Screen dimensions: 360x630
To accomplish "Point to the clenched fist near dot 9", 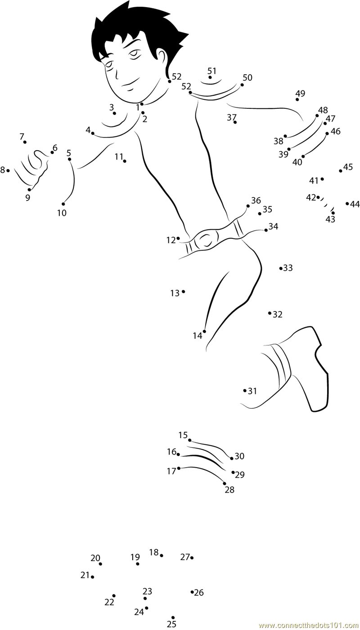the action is (32, 169).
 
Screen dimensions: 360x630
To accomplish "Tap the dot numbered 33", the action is (281, 268).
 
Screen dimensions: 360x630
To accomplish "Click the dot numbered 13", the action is (184, 291).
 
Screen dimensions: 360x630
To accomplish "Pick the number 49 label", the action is (300, 93).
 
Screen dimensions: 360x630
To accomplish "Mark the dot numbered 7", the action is (25, 142).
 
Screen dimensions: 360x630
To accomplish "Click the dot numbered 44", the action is (347, 203).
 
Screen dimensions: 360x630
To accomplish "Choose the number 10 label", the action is (62, 213).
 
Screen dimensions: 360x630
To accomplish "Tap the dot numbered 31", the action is (245, 390).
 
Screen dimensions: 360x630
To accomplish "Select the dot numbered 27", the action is (192, 558).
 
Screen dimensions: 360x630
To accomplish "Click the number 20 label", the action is (95, 558).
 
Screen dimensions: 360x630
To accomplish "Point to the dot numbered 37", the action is (235, 122).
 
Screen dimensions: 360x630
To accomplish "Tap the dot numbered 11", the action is (125, 161).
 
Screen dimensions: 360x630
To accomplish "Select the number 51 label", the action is (211, 71).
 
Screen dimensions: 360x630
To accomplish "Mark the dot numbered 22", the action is (114, 596).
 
